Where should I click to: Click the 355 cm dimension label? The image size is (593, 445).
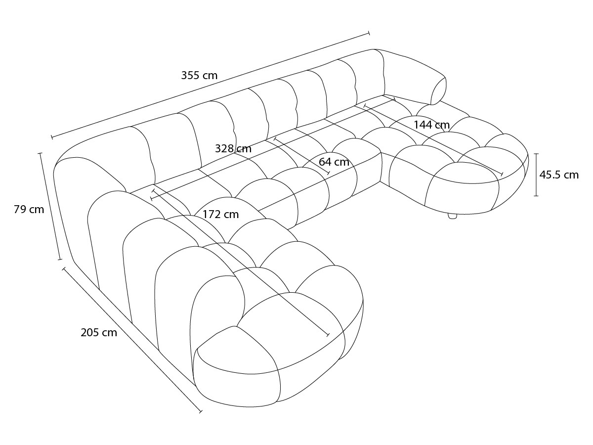pos(199,75)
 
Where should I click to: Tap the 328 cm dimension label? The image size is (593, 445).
pos(233,149)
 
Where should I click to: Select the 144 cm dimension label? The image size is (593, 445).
pos(432,125)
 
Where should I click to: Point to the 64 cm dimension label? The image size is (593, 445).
pos(334,162)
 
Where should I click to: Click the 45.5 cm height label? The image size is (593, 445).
pos(559,175)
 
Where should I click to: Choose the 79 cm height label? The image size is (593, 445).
pos(29,209)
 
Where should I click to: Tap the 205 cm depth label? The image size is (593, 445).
pos(99,333)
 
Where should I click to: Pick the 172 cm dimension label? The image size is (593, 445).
pos(221,215)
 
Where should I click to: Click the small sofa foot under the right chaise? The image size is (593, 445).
pos(452,216)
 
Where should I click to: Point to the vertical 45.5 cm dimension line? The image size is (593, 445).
pos(536,175)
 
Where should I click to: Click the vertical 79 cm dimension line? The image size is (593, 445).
pos(50,206)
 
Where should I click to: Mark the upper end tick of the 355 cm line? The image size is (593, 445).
pos(369,33)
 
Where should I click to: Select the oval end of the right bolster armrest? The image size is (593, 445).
pos(438,91)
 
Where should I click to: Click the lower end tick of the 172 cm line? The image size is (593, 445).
pos(328,335)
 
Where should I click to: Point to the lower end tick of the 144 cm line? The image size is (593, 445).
pos(502,174)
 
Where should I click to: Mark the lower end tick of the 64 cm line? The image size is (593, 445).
pos(328,173)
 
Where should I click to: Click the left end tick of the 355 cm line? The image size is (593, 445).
pos(52,137)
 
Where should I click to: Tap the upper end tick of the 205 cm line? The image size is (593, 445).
pos(64,269)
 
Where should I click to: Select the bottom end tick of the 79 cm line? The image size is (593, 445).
pos(60,260)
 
